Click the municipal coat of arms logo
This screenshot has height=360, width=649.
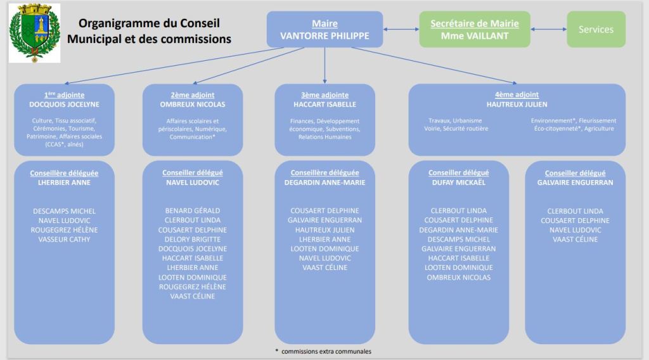(x=34, y=33)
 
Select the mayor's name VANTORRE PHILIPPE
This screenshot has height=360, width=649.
(x=324, y=36)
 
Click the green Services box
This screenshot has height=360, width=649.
(x=596, y=29)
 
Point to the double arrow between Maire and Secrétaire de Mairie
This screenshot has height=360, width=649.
(x=401, y=29)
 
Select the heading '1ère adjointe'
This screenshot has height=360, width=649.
(x=64, y=95)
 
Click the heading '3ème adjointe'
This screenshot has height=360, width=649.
(x=324, y=95)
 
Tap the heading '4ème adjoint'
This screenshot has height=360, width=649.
(x=517, y=95)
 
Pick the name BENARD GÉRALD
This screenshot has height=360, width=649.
(x=193, y=211)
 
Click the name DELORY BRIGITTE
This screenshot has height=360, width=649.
(x=193, y=240)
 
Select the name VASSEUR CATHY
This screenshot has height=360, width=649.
(x=64, y=240)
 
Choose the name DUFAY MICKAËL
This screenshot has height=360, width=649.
(x=458, y=183)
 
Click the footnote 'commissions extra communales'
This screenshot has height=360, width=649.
(x=327, y=351)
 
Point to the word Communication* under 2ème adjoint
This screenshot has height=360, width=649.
(x=193, y=136)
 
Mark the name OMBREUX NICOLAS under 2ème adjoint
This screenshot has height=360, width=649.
(x=193, y=105)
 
